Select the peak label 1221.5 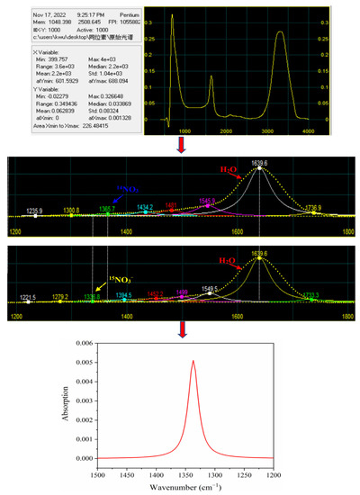pyautogui.click(x=27, y=296)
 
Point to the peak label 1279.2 pyautogui.click(x=60, y=296)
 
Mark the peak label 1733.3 pyautogui.click(x=309, y=293)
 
